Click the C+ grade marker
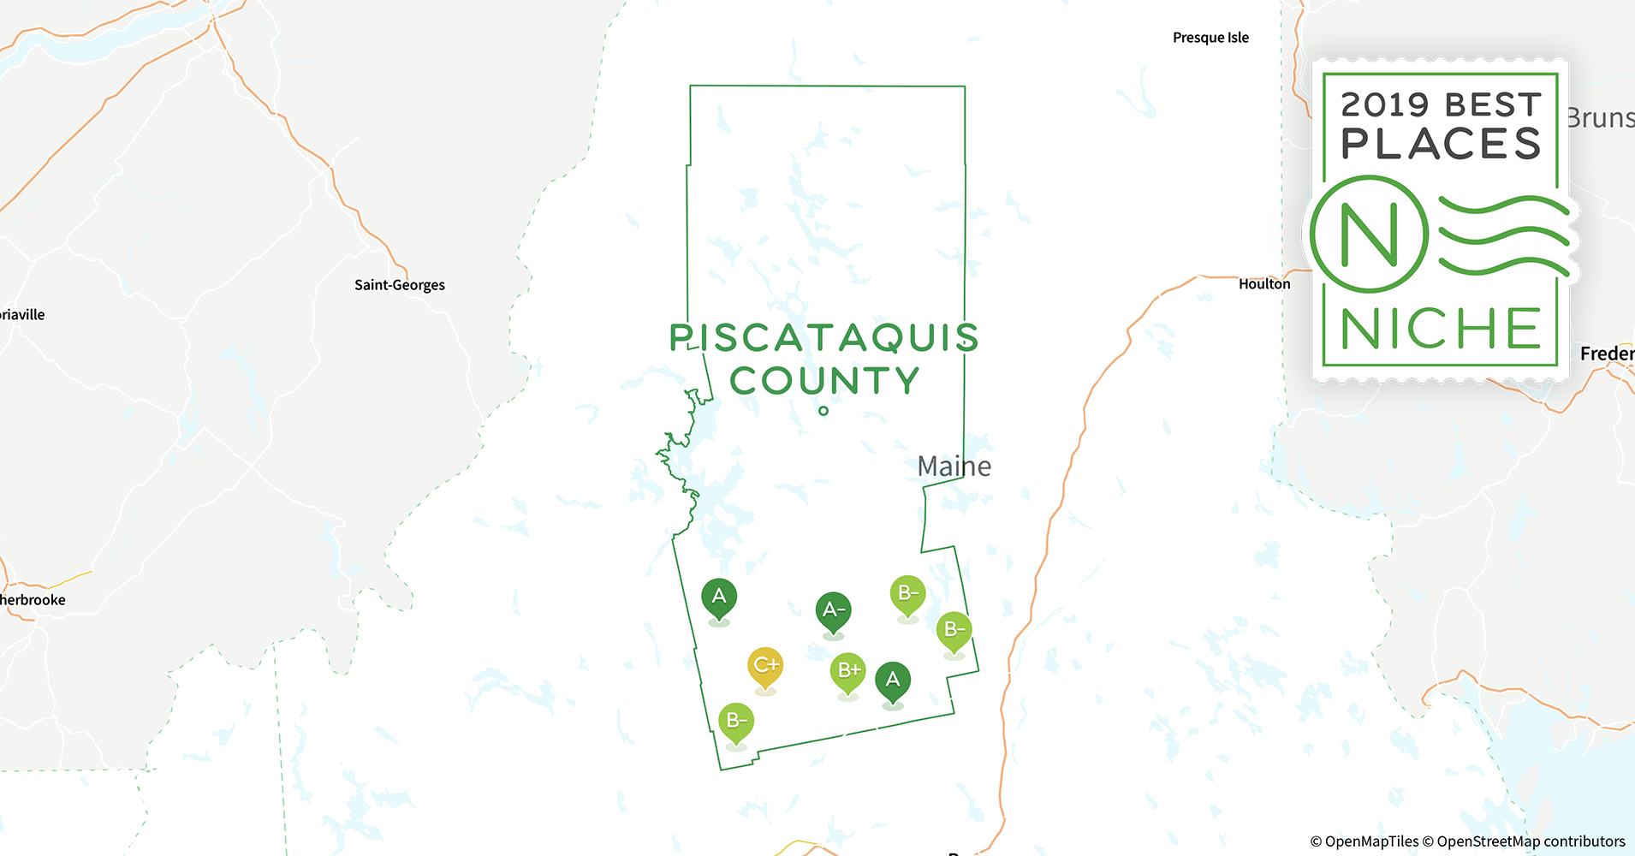(x=765, y=666)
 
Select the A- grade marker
(x=833, y=610)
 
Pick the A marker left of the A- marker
(x=719, y=597)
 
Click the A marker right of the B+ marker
(x=893, y=681)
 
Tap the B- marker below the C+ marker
(x=736, y=722)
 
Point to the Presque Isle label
(x=1210, y=38)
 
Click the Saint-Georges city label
(x=400, y=285)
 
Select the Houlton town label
(x=1264, y=284)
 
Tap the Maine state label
(x=954, y=467)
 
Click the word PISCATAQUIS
(x=823, y=338)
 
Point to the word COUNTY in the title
(x=824, y=382)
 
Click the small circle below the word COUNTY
(x=823, y=411)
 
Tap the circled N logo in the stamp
(x=1369, y=234)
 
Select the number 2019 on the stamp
(x=1384, y=105)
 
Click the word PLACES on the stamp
(x=1442, y=144)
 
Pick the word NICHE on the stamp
(x=1442, y=329)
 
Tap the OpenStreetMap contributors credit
(x=1531, y=841)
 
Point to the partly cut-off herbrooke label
(x=33, y=600)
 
